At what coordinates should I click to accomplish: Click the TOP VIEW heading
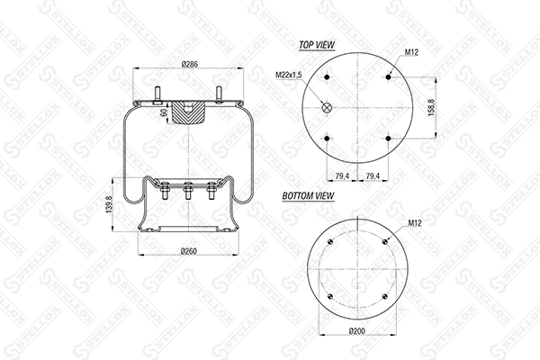tap(317, 43)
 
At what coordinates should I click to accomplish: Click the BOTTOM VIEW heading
tap(309, 195)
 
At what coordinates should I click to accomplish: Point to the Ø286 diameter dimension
tap(189, 65)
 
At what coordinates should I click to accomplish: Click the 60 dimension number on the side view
tap(163, 112)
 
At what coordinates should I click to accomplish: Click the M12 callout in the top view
tap(412, 53)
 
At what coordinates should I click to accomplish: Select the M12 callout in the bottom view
tap(415, 221)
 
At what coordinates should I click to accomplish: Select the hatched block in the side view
tap(189, 113)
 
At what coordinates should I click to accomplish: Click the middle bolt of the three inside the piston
tap(189, 193)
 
